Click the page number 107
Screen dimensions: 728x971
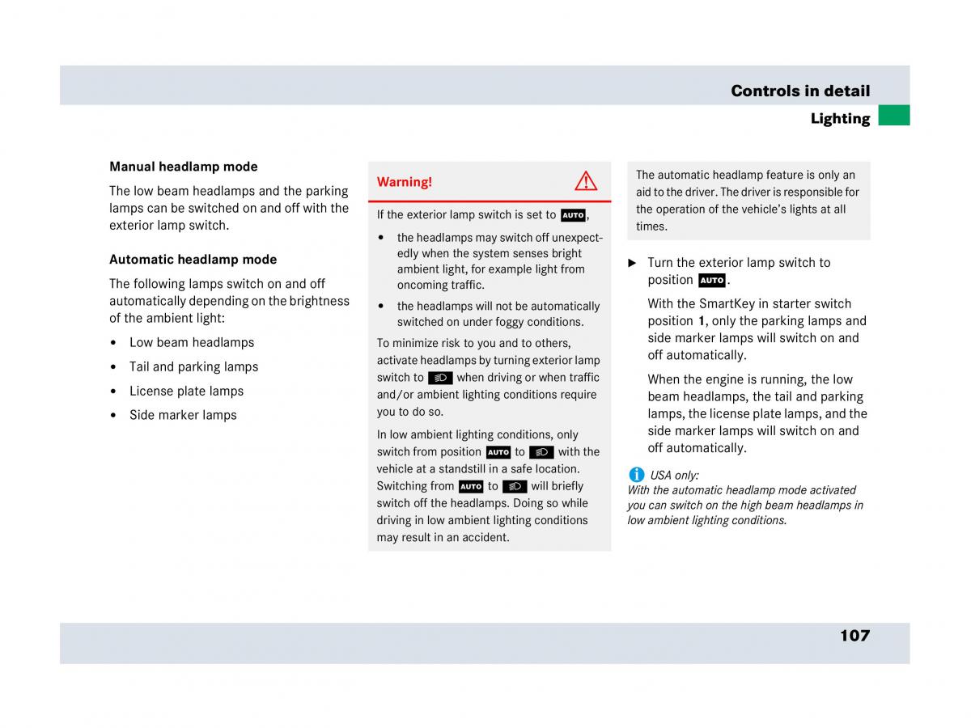[854, 636]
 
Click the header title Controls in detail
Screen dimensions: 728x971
[800, 91]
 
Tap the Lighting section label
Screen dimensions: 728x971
[840, 119]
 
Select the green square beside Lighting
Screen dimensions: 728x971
[894, 116]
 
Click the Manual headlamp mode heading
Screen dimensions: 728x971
[184, 167]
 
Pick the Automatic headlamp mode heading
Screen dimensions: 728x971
[193, 260]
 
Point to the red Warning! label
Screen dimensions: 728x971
[405, 182]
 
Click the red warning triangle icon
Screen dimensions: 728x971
[586, 181]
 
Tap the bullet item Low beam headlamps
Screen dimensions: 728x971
[192, 342]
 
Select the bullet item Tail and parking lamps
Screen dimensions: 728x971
[193, 366]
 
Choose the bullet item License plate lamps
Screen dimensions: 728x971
[186, 391]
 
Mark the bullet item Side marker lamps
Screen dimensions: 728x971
[183, 415]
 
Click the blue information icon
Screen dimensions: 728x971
[637, 475]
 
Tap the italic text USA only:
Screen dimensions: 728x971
[675, 476]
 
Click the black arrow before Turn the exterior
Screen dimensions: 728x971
[633, 263]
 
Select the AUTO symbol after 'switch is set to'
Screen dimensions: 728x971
[573, 215]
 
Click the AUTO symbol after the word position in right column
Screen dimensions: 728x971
[712, 281]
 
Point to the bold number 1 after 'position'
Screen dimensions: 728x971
[702, 321]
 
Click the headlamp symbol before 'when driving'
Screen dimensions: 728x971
[440, 378]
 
